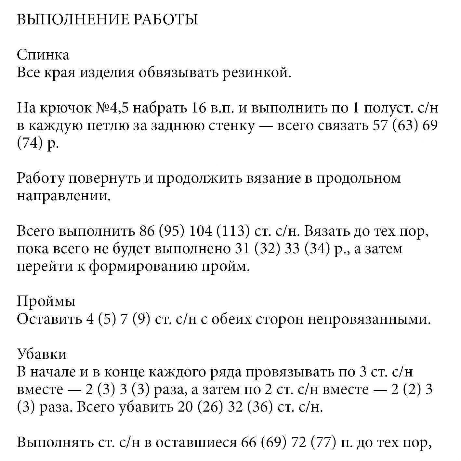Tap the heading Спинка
tap(43, 55)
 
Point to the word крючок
tap(64, 108)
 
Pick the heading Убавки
tap(42, 354)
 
